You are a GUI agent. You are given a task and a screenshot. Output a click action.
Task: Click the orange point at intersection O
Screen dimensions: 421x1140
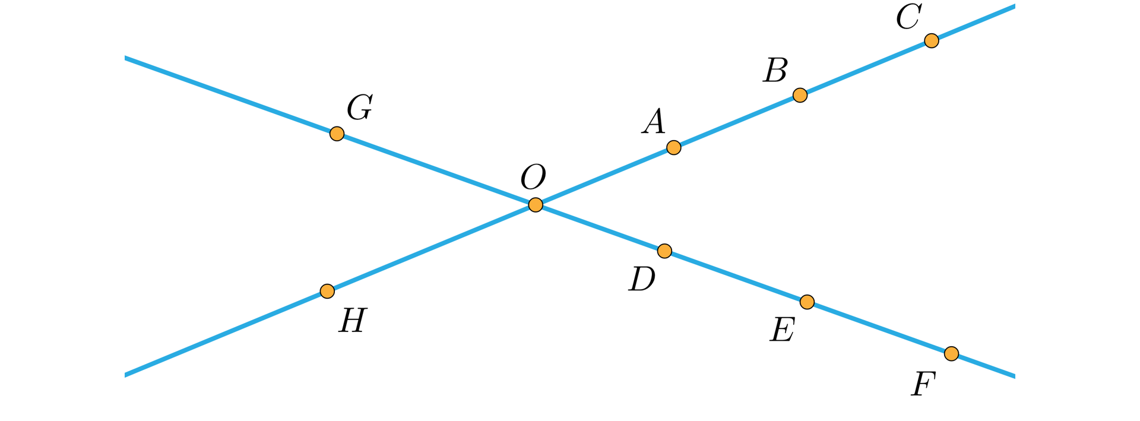tap(535, 205)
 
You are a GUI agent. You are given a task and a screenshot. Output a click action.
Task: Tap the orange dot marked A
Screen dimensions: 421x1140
tap(673, 147)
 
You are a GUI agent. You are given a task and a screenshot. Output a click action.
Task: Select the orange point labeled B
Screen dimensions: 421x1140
tap(800, 95)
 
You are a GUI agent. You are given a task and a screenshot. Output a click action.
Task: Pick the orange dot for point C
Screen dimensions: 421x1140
tap(932, 40)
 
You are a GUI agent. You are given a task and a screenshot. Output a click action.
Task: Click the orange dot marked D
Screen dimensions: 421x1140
tap(664, 251)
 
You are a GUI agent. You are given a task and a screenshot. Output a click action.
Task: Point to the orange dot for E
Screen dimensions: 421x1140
tap(807, 302)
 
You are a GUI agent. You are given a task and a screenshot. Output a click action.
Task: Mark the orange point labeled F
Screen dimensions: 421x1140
tap(951, 354)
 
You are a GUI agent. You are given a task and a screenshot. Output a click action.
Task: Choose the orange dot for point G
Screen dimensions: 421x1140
tap(337, 134)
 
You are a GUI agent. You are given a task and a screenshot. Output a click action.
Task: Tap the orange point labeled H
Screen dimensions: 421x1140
tap(327, 291)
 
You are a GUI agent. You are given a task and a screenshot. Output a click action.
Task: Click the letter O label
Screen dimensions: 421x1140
tap(533, 177)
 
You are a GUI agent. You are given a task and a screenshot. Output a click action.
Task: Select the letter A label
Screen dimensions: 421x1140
tap(654, 122)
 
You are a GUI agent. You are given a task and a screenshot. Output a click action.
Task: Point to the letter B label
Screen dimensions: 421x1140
tap(775, 71)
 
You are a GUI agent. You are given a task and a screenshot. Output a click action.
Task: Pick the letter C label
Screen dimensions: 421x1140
tap(908, 17)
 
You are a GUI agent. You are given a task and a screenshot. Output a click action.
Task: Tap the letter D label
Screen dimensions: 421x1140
tap(642, 279)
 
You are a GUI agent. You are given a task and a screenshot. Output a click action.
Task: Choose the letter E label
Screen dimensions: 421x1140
tap(782, 330)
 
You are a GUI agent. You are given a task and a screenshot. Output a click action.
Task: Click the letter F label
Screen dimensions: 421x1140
tap(924, 384)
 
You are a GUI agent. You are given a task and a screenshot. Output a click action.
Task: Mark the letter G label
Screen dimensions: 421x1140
tap(360, 108)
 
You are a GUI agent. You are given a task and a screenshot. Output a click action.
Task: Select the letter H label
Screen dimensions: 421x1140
tap(353, 321)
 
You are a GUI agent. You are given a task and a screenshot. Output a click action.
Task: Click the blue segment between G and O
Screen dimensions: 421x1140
tap(436, 169)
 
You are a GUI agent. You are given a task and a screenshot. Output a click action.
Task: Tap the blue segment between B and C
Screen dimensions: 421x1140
tap(866, 68)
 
